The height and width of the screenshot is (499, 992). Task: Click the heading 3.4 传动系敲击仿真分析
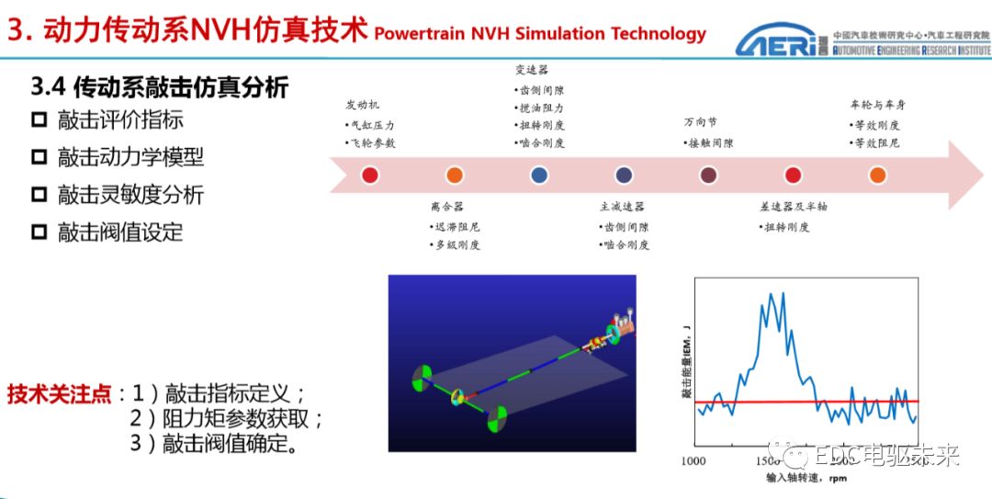coord(160,87)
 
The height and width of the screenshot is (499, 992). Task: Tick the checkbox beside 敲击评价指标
coord(39,119)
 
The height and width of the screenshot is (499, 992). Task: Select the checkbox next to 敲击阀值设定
coord(39,232)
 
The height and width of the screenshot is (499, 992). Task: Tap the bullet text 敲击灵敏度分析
coord(130,195)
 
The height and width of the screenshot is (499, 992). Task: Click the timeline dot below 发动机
coord(370,175)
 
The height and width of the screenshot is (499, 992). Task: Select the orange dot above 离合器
coord(454,175)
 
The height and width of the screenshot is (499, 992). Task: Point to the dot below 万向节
coord(708,175)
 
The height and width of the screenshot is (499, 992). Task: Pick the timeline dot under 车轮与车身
coord(877,175)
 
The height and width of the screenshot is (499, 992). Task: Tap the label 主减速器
coord(622,207)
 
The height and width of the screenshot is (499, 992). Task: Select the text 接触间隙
coord(711,143)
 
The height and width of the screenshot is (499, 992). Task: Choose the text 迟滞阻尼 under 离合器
coord(456,227)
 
